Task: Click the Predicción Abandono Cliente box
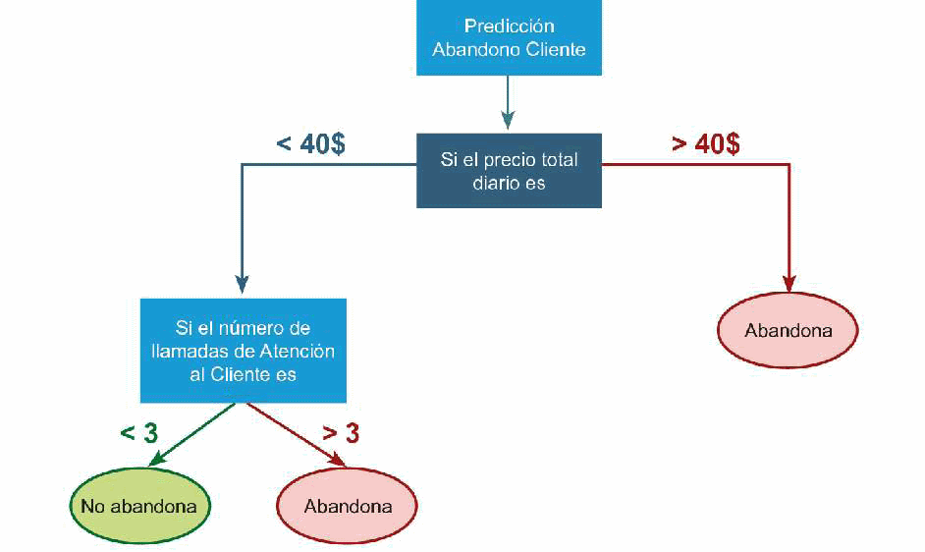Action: click(x=509, y=37)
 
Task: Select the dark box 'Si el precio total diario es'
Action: click(x=509, y=171)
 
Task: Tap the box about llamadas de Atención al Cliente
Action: click(x=243, y=351)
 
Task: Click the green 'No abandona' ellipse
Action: click(x=139, y=507)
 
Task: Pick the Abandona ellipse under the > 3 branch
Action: click(x=348, y=507)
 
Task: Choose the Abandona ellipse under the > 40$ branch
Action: click(x=788, y=330)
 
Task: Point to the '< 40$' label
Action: click(x=310, y=143)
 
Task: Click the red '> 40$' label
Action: click(x=705, y=143)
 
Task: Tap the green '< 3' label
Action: click(x=139, y=433)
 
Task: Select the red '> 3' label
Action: click(x=341, y=433)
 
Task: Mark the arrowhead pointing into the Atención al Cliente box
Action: click(x=241, y=288)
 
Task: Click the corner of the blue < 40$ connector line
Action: click(x=242, y=165)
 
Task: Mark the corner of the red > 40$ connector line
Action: click(x=789, y=165)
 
